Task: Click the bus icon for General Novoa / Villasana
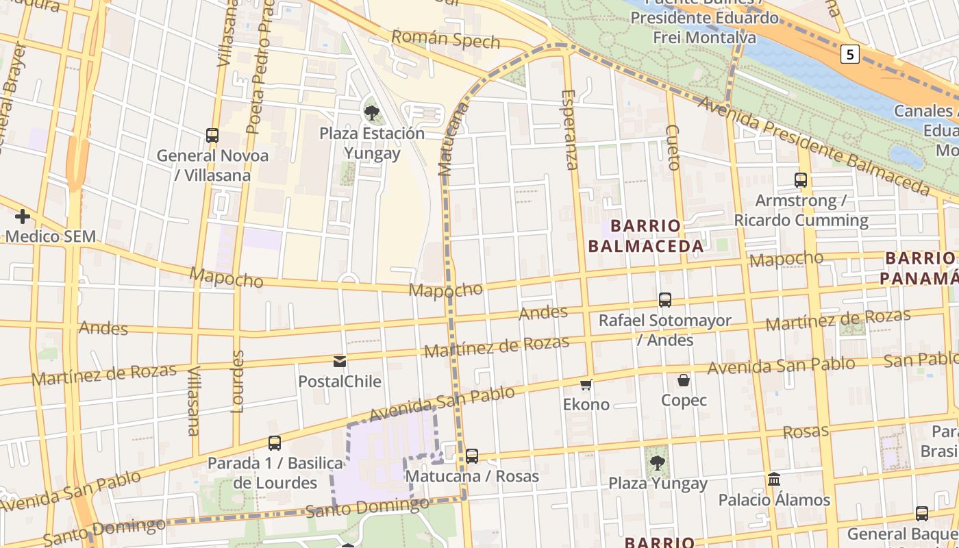(x=212, y=136)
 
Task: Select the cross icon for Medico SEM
(x=23, y=217)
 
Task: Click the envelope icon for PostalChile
(x=340, y=362)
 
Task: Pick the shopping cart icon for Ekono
(x=586, y=384)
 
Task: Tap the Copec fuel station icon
(x=684, y=380)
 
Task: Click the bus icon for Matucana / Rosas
(x=472, y=456)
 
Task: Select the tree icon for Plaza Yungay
(x=658, y=463)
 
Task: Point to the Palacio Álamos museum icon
(x=774, y=480)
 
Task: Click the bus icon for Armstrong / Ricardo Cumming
(x=801, y=180)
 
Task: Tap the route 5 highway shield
(x=849, y=55)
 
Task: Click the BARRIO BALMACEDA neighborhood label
(x=647, y=236)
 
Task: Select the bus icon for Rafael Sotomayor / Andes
(x=664, y=300)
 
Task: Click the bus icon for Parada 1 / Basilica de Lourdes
(x=275, y=443)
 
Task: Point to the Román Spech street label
(x=446, y=39)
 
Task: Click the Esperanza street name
(x=570, y=129)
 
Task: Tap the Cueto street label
(x=673, y=147)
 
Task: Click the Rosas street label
(x=806, y=432)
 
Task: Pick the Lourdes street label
(x=238, y=382)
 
